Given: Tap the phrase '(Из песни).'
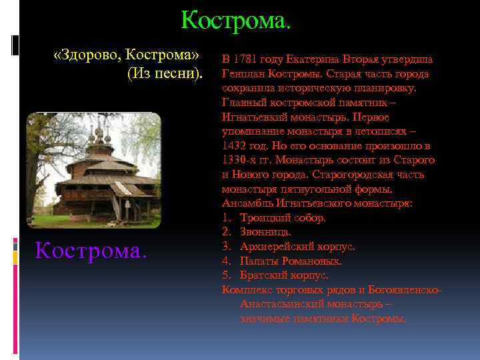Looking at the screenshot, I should coord(164,72).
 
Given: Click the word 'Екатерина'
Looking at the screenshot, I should coord(317,59).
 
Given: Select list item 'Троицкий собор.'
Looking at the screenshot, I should coord(283,218).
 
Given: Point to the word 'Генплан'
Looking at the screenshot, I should coord(241,74).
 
